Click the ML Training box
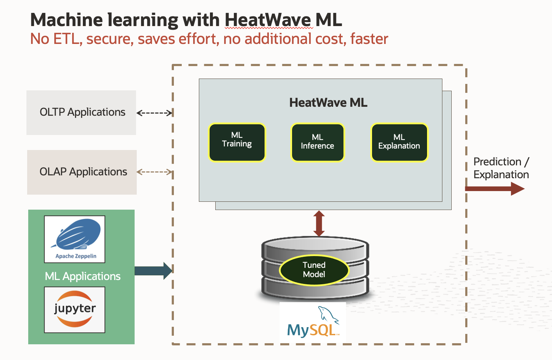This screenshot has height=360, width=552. pos(237,142)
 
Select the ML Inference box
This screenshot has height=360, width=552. pos(317,142)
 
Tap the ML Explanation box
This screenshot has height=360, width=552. pos(399,142)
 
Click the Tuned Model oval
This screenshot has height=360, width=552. pos(314,270)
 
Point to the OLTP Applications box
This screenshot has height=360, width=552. pos(81,112)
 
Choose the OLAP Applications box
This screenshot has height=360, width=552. pos(82,172)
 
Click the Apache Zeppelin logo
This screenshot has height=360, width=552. pos(75,239)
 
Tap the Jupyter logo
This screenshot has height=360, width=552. pos(75,310)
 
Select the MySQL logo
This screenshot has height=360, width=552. pos(313,322)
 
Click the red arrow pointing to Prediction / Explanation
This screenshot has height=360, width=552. pos(495,189)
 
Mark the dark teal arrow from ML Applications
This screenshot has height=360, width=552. pos(153,271)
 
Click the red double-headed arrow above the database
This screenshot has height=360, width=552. pos(319,223)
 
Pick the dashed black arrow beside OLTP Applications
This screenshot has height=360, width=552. pos(155,113)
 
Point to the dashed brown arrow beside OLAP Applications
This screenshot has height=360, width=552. pos(155,172)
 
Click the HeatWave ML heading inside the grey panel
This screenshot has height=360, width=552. pos(328,103)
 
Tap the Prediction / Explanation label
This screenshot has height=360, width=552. pos(501,168)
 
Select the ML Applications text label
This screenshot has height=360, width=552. pos(82,276)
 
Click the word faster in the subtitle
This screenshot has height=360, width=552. pos(369,39)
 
